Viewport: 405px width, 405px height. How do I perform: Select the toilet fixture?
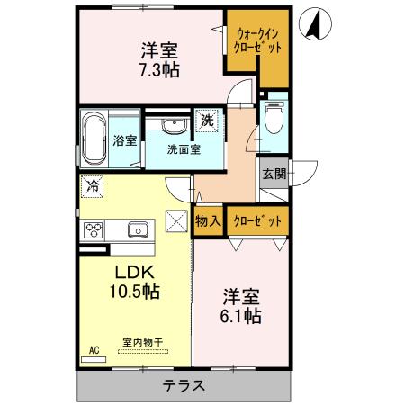274,117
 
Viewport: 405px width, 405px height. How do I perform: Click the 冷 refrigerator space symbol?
93,186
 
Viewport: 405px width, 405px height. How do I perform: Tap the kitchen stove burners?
94,229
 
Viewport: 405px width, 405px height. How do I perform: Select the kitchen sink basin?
138,229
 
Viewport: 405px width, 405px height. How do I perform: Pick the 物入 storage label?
207,220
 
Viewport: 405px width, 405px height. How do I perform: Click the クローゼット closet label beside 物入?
256,220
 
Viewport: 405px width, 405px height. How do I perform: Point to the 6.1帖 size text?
242,316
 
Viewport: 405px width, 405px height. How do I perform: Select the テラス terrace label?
184,386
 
